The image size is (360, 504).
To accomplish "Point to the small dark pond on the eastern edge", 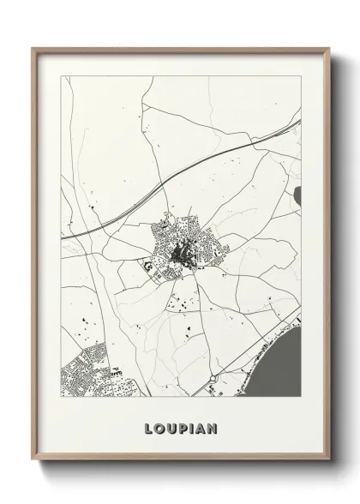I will pyautogui.click(x=297, y=198).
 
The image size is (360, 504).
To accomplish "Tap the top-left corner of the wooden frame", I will pyautogui.click(x=33, y=49).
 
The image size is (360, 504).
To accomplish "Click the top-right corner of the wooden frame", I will pyautogui.click(x=327, y=49).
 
